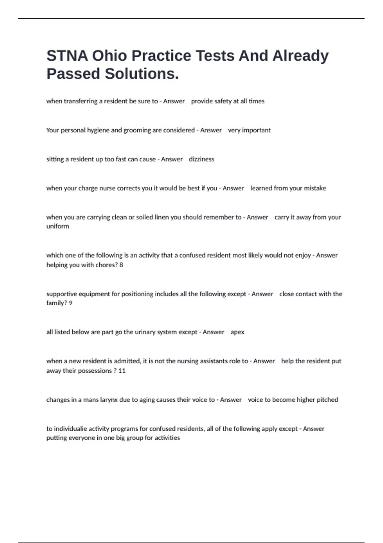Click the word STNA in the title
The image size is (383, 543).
pos(67,56)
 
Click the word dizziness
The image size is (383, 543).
pos(201,159)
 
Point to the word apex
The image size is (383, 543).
pos(237,332)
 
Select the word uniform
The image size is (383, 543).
pos(58,226)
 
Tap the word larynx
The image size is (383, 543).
pos(109,400)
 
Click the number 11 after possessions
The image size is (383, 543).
pos(122,371)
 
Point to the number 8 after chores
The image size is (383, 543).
pos(121,265)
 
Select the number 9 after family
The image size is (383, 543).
pos(71,303)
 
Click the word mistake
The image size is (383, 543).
pos(315,188)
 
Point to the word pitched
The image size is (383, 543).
pos(327,400)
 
